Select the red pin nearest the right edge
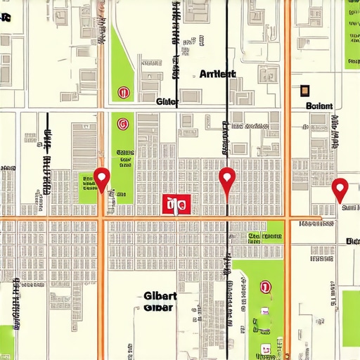(x=340, y=187)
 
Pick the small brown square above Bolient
(x=304, y=89)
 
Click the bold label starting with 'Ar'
(x=218, y=74)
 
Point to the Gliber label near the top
(x=167, y=101)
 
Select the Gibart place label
(x=160, y=295)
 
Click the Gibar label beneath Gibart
(x=159, y=307)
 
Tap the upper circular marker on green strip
(x=124, y=91)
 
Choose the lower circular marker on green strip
(x=123, y=124)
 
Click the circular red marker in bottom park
(x=265, y=286)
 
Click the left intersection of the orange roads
(x=104, y=219)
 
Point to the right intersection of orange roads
(x=287, y=219)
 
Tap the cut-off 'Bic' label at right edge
(x=352, y=241)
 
